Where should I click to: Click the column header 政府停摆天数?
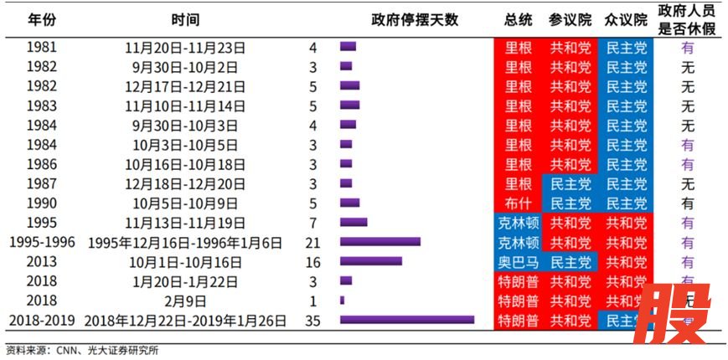coord(415,19)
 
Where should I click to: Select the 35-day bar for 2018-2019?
coord(407,320)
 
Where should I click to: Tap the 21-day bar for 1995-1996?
coord(379,242)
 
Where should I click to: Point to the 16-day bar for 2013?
coord(370,261)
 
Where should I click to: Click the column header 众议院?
coord(627,19)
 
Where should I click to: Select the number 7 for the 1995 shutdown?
coord(312,223)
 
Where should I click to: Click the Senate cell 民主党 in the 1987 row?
coord(571,184)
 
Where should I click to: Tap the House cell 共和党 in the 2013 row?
coord(627,261)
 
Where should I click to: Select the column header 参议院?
coord(571,19)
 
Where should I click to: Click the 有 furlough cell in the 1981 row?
coord(688,48)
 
